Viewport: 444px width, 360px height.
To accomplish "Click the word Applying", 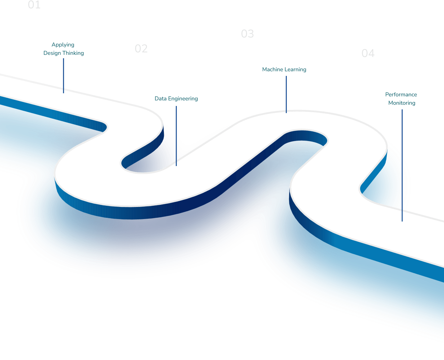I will (63, 45).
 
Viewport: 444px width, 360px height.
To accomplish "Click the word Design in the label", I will (52, 53).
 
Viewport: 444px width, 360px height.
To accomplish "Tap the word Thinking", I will (73, 53).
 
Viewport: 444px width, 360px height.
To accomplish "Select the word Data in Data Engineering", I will (160, 99).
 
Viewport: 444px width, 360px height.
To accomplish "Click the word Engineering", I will (183, 99).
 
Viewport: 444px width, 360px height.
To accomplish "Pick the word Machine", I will (272, 69).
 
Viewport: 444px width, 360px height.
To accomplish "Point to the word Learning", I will (295, 69).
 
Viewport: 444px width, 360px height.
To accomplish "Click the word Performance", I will (401, 94).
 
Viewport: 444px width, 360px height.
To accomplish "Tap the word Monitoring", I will (402, 103).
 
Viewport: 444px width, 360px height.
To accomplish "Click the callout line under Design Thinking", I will (64, 76).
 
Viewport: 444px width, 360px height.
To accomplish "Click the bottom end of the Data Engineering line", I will (176, 165).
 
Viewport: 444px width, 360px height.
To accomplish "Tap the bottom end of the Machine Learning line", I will (286, 112).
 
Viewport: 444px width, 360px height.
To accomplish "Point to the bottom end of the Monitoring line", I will (402, 221).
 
